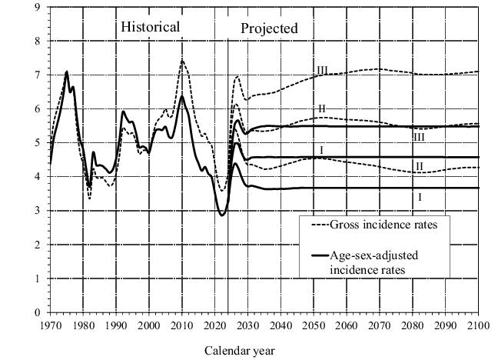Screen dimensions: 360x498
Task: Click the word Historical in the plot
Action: (x=151, y=28)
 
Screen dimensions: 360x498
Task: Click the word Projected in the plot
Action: (x=269, y=29)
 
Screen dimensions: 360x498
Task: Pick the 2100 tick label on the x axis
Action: (x=478, y=324)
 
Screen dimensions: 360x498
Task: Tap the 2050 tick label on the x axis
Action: (x=314, y=324)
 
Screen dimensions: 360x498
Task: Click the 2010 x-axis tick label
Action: (x=182, y=324)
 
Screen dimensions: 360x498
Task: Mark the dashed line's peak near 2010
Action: (x=182, y=60)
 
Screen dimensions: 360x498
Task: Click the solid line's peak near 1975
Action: (x=67, y=72)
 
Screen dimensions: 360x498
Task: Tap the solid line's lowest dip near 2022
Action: (x=222, y=215)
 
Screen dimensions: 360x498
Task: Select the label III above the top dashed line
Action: (x=322, y=71)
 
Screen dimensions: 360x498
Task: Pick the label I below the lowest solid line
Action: (x=420, y=197)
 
